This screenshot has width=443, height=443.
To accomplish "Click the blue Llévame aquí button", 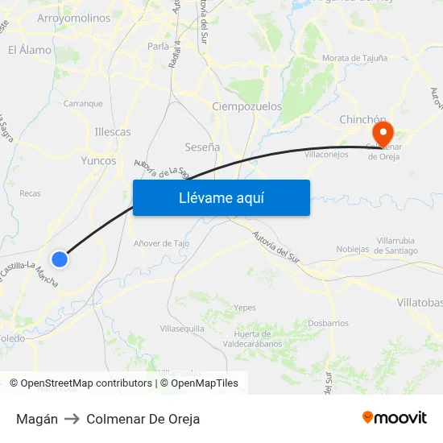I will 221,197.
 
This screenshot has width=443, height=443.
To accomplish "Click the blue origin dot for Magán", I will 60,259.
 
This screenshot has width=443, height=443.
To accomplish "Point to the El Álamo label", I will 30,50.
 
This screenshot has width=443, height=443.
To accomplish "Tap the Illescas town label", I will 113,131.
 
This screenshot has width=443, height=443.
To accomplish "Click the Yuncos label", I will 98,160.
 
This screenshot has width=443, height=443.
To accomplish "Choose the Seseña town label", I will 202,147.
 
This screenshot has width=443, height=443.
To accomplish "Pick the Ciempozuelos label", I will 246,106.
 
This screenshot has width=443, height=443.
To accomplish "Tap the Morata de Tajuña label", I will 354,58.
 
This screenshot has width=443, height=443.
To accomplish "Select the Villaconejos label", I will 326,154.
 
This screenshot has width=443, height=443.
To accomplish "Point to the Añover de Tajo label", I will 161,242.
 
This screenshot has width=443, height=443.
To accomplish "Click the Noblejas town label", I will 353,249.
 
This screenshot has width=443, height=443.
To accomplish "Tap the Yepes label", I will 244,307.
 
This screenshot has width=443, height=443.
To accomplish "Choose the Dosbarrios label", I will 328,323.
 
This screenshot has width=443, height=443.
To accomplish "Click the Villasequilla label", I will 182,329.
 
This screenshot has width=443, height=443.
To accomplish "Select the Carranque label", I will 83,103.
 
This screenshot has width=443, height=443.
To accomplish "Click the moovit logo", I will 395,418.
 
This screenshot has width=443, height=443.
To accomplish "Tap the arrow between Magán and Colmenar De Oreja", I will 72,419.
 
